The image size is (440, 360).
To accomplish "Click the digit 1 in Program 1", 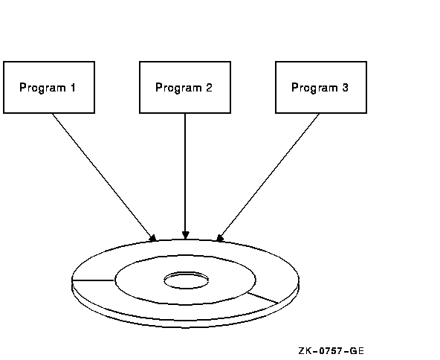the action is coord(73,87).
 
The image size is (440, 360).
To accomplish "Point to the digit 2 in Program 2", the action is coord(209,87).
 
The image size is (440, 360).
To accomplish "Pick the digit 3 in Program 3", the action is coord(345,87).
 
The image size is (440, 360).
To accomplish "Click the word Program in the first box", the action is coord(42,88).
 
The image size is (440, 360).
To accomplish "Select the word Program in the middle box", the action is coord(178,88).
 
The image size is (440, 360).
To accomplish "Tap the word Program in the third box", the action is coord(315,88).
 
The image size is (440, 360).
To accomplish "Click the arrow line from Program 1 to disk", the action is coord(104,178).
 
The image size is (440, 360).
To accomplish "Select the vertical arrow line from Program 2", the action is coord(185,176).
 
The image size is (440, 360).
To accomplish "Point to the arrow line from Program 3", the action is coord(268,178).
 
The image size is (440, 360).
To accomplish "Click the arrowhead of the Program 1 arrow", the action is coord(152,238).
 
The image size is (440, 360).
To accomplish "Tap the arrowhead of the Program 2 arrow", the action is coord(185,235).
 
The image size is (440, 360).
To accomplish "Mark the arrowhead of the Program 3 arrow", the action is coord(220,238).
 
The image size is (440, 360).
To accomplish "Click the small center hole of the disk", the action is coord(186,272).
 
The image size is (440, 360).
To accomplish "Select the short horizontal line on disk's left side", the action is coord(93,280).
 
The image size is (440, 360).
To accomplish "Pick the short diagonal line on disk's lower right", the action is coord(262,298).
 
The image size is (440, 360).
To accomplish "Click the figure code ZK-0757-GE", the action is coord(331,351).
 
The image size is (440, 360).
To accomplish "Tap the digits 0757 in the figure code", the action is coord(331,351).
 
